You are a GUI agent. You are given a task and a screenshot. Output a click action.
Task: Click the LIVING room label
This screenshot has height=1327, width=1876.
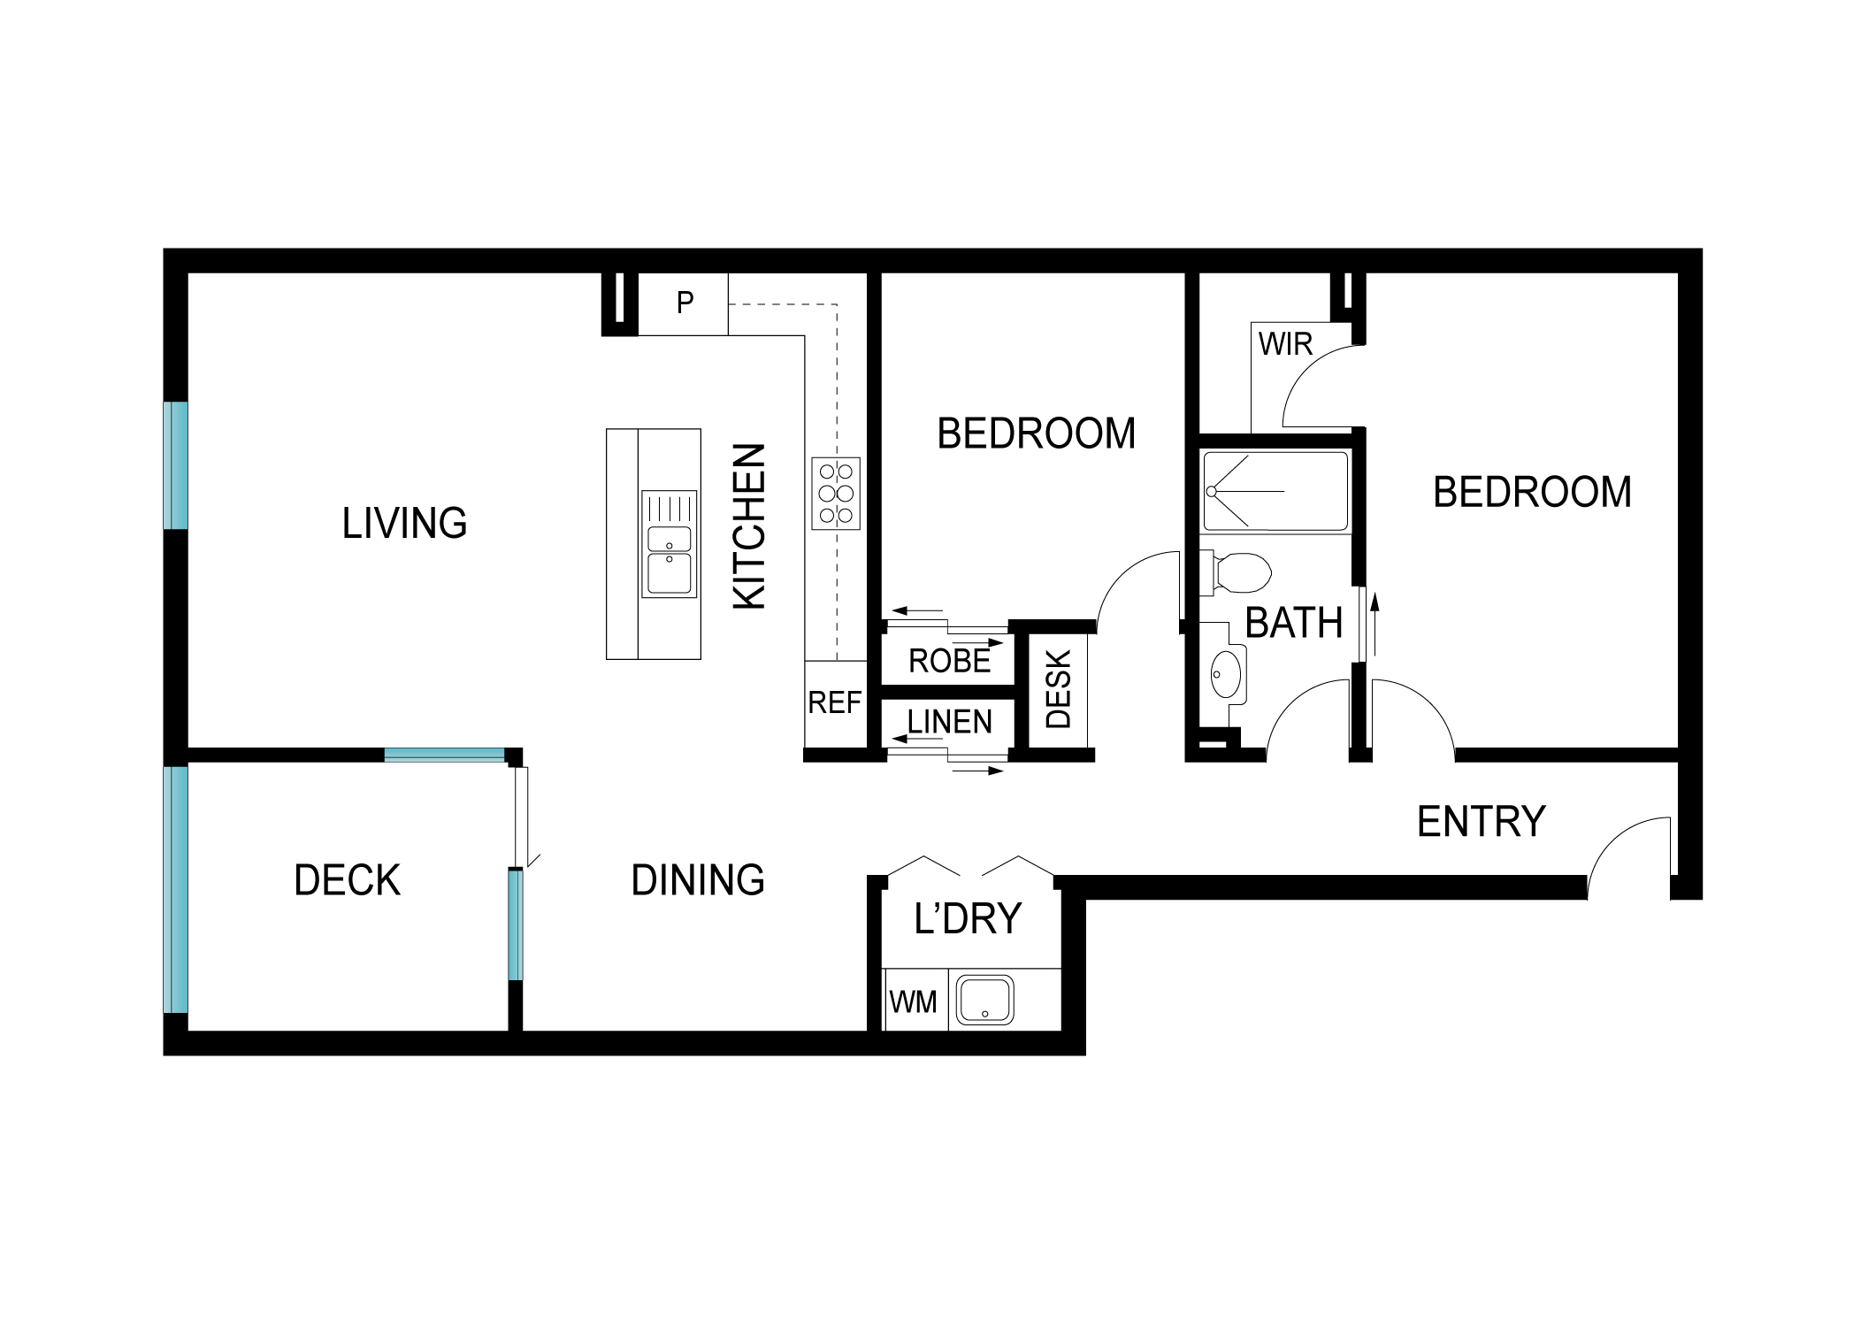[404, 524]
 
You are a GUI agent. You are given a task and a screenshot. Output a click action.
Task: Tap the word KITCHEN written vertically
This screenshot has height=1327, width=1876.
[750, 526]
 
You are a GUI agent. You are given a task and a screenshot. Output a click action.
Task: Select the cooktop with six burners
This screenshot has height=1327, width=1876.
[835, 494]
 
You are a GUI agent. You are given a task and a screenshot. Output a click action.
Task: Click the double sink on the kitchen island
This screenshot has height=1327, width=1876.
[669, 544]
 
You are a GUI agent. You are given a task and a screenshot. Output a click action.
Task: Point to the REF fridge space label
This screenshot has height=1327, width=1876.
[834, 703]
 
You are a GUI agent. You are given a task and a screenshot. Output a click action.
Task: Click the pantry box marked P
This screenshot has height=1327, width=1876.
[684, 303]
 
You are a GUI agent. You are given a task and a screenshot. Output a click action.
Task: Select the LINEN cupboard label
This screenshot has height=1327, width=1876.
[949, 723]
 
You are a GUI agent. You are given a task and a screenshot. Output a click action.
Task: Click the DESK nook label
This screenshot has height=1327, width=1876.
[1059, 690]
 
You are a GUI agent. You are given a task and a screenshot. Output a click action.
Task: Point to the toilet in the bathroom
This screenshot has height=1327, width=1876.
[1238, 571]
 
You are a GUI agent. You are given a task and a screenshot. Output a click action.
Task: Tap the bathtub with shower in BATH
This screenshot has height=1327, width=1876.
[1275, 491]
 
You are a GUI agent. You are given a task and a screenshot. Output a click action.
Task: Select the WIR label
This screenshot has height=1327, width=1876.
[1285, 345]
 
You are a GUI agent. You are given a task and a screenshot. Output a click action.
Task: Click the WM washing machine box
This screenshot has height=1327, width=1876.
[914, 1002]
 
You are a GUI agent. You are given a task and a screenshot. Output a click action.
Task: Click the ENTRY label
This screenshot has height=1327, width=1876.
[1481, 822]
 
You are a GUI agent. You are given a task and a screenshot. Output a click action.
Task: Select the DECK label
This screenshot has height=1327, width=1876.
[347, 881]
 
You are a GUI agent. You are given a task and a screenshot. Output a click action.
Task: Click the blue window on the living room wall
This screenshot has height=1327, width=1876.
[177, 466]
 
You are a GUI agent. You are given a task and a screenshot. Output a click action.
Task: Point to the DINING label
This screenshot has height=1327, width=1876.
[697, 881]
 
